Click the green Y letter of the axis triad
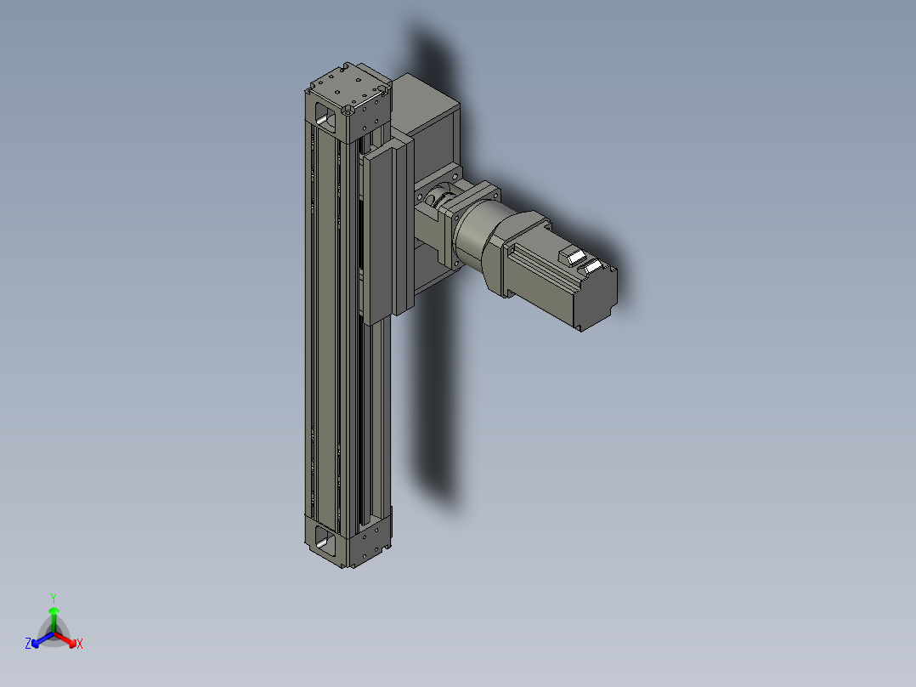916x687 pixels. pyautogui.click(x=54, y=597)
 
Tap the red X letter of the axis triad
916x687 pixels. pyautogui.click(x=80, y=644)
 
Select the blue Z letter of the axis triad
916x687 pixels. pyautogui.click(x=28, y=644)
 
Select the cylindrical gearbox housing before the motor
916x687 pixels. pyautogui.click(x=477, y=235)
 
